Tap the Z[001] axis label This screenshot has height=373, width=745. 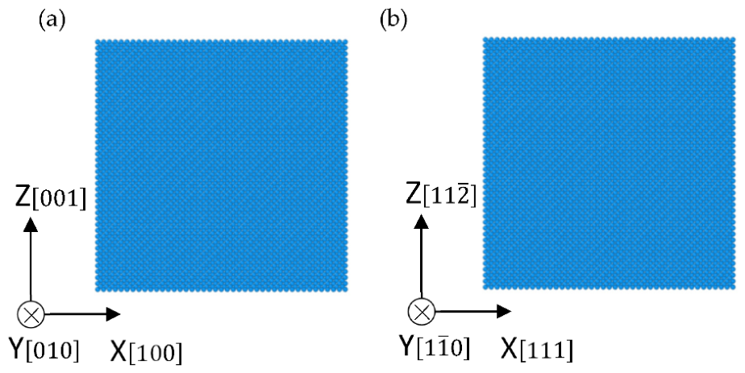tap(51, 198)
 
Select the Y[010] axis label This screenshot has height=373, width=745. tap(44, 350)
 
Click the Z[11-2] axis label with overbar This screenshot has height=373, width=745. tap(441, 195)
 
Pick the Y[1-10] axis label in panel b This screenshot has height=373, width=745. tap(435, 347)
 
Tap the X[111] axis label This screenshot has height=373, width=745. tap(537, 350)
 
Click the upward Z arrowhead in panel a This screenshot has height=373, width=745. tap(31, 225)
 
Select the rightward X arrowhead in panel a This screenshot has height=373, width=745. tap(113, 313)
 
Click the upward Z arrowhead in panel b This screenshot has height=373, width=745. tap(422, 222)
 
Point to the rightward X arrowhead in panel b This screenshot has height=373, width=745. tap(504, 311)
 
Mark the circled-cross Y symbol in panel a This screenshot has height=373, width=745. tap(31, 314)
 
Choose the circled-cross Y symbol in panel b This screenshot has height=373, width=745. tap(422, 312)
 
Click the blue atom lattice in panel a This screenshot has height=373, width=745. tap(222, 165)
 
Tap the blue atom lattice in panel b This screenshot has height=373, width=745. tap(609, 163)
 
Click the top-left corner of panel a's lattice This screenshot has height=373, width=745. tap(95, 39)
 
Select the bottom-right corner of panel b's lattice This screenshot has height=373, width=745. tap(735, 289)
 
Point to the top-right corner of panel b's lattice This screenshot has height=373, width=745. tap(735, 37)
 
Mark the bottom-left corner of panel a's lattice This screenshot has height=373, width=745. tap(95, 291)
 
